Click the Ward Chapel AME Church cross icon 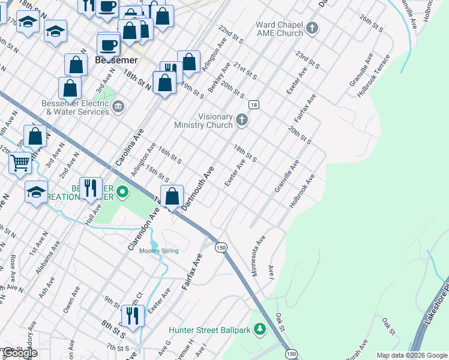point(312,28)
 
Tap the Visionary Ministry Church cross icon point(242,120)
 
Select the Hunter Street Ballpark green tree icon point(259,329)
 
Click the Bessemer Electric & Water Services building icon point(118,107)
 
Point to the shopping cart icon point(20,162)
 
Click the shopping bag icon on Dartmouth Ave point(172,195)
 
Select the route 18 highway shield point(255,105)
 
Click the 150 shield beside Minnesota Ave point(221,247)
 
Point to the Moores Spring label point(158,251)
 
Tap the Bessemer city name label point(116,61)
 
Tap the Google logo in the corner point(20,353)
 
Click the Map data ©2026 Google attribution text point(411,355)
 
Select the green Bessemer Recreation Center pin point(122,192)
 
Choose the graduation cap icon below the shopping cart point(36,192)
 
